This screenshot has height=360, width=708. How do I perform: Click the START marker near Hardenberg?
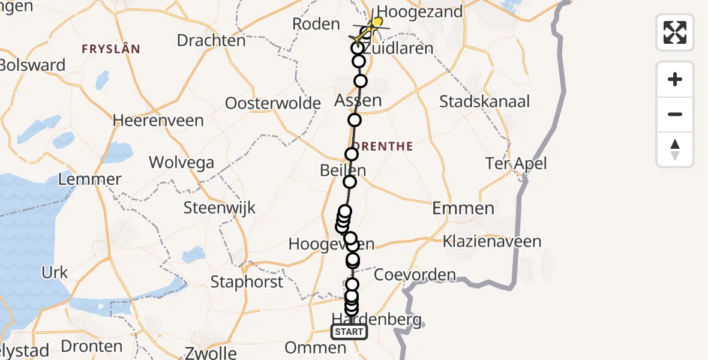[349, 332]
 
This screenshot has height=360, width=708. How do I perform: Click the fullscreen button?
[675, 32]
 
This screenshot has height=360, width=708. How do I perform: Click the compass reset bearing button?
[675, 149]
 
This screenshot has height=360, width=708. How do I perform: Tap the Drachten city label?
[211, 41]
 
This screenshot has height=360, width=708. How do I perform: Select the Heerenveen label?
[158, 120]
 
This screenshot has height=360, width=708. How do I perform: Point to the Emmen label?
[464, 209]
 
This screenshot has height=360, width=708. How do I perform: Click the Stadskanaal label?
[485, 101]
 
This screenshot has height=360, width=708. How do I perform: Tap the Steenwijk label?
[220, 208]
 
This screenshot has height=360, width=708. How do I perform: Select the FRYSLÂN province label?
[112, 49]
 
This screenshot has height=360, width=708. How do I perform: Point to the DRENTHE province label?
[384, 146]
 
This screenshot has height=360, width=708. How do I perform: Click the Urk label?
[55, 272]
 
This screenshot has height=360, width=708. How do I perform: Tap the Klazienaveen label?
[492, 242]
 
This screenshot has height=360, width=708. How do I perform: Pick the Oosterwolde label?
[273, 103]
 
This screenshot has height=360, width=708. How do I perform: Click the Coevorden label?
[415, 275]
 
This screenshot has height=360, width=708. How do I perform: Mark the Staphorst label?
[247, 282]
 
